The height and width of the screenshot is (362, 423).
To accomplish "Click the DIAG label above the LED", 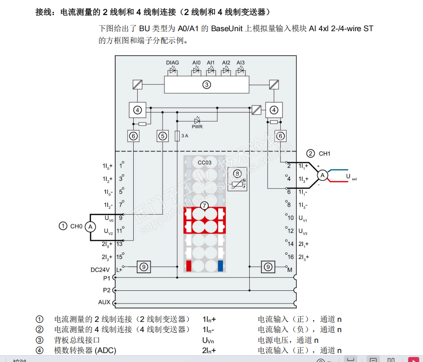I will (x=172, y=63).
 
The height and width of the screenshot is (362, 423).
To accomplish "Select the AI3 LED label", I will (x=240, y=63).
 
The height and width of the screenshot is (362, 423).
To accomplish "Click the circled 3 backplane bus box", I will (x=206, y=85).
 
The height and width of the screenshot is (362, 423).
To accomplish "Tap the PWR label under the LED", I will (x=197, y=127).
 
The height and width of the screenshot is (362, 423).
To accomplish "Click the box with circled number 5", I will (x=163, y=136).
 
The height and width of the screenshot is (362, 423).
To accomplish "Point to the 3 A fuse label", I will (x=184, y=136).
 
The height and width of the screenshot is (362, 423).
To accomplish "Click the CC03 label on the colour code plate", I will (x=204, y=163).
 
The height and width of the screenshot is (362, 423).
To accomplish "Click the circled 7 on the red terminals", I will (x=204, y=206).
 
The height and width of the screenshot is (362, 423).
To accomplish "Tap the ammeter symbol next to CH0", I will (x=90, y=227).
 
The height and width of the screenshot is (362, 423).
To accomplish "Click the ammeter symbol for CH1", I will (x=323, y=175).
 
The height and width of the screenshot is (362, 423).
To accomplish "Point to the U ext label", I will (x=351, y=177).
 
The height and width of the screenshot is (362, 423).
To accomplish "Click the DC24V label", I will (x=100, y=270).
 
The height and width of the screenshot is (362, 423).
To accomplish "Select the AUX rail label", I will (x=104, y=302).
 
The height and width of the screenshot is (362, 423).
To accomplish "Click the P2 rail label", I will (x=107, y=290).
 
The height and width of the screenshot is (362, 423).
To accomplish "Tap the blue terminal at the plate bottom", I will (x=220, y=266).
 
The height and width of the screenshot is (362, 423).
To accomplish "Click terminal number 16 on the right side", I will (x=291, y=257).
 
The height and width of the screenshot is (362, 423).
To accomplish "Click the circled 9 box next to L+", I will (x=143, y=267).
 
